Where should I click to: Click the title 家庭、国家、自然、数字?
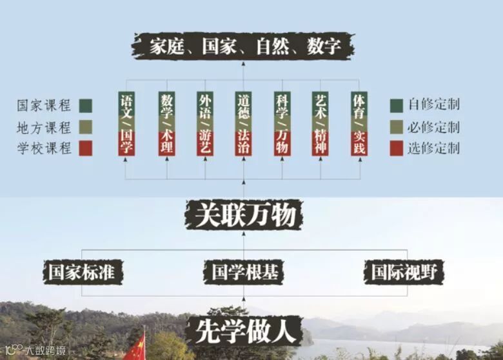click(x=244, y=47)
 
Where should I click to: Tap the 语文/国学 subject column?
click(x=127, y=123)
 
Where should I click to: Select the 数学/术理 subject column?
click(x=166, y=123)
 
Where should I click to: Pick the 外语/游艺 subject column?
click(x=205, y=123)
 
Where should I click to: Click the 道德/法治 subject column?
click(x=243, y=123)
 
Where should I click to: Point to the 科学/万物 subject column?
click(x=282, y=123)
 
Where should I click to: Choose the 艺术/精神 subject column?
click(x=321, y=123)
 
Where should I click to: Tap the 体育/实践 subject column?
click(x=359, y=123)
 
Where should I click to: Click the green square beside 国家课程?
click(x=84, y=105)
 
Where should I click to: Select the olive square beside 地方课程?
click(x=84, y=126)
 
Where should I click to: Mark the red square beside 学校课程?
click(x=84, y=148)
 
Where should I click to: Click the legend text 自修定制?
click(x=433, y=105)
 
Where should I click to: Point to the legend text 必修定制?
click(x=433, y=126)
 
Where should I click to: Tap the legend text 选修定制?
click(x=433, y=148)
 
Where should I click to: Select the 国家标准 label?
click(x=82, y=272)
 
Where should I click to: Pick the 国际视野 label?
click(x=404, y=272)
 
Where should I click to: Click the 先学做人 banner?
click(x=244, y=331)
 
